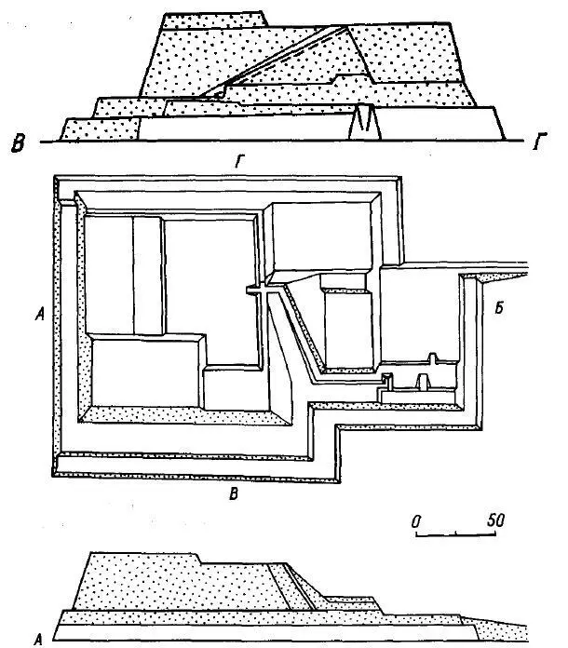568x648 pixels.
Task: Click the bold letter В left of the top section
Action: pos(18,143)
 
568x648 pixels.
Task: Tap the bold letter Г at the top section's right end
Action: pos(539,142)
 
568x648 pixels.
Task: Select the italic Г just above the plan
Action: pos(239,161)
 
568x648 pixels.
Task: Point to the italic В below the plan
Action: pos(234,493)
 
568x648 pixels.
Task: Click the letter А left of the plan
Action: pos(40,316)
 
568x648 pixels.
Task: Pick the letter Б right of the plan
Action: pos(499,308)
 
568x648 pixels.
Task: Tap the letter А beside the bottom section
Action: pos(38,640)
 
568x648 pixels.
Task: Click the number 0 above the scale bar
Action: pos(416,522)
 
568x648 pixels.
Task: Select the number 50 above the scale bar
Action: pos(495,520)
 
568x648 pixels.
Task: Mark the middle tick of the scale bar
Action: pos(456,533)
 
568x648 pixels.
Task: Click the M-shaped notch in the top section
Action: pos(365,121)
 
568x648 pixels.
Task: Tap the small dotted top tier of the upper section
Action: pos(214,20)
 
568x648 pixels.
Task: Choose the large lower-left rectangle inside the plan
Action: pos(144,372)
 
